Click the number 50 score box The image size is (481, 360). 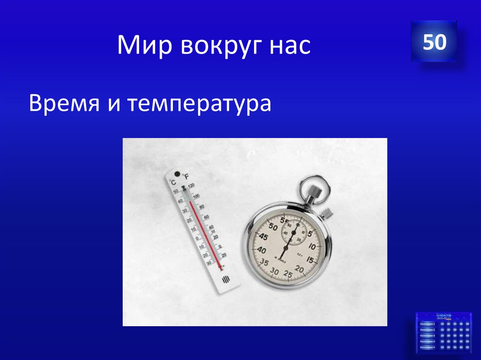[x=434, y=42]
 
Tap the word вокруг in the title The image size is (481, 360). [x=219, y=46]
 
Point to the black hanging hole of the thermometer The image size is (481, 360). [x=178, y=173]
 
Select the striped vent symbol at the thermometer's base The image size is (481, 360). [x=225, y=280]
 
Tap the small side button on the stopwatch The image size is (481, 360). [x=328, y=213]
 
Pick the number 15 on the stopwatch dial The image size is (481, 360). [x=310, y=260]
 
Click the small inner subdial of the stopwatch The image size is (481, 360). [x=294, y=231]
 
